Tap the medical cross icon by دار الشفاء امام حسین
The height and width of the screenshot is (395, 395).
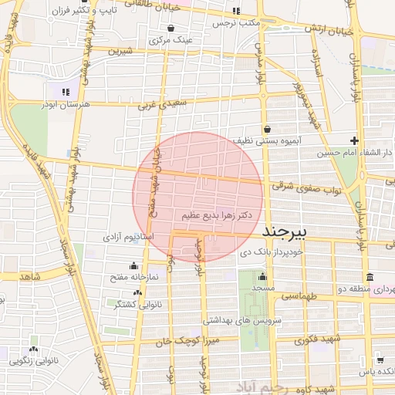pos(354,140)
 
